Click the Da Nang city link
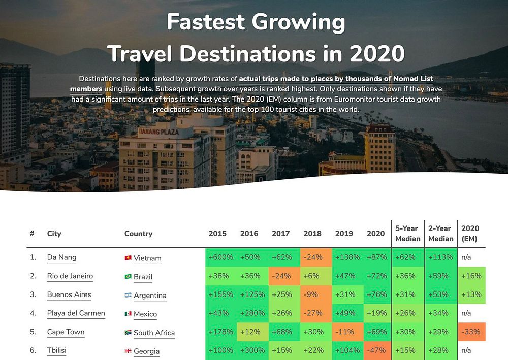click(61, 257)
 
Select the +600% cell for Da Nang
click(220, 257)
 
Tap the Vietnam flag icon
click(128, 258)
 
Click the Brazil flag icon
click(128, 277)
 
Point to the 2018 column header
click(312, 234)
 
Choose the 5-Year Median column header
click(407, 234)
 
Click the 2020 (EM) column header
click(470, 234)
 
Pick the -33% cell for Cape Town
click(471, 332)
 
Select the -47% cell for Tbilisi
click(376, 351)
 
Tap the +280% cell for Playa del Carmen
click(252, 313)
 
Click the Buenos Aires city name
click(69, 294)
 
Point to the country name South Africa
click(154, 333)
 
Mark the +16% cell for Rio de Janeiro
click(471, 276)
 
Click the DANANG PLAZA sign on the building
click(158, 132)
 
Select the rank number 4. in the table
click(33, 313)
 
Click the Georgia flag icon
click(128, 351)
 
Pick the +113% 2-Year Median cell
click(440, 257)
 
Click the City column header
click(54, 234)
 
